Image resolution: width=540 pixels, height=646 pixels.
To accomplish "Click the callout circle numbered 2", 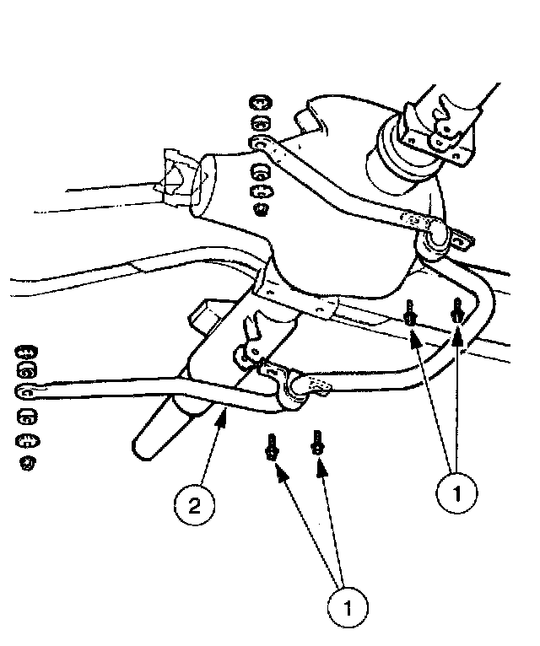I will pyautogui.click(x=194, y=506).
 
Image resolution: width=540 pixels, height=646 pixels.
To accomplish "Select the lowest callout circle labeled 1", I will pyautogui.click(x=349, y=606).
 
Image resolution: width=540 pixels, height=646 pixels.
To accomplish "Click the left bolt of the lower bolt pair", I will pyautogui.click(x=272, y=446).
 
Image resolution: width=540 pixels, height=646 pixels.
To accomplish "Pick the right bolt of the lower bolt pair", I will pyautogui.click(x=318, y=443).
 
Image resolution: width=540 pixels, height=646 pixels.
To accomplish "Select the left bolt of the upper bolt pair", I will pyautogui.click(x=410, y=314).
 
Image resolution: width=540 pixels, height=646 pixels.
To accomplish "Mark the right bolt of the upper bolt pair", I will pyautogui.click(x=457, y=310).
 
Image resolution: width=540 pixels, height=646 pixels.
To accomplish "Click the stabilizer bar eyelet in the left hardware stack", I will pyautogui.click(x=28, y=391).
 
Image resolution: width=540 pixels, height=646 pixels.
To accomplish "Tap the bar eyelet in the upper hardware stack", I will pyautogui.click(x=261, y=146).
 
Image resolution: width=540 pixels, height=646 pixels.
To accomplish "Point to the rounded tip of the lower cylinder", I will pyautogui.click(x=145, y=448).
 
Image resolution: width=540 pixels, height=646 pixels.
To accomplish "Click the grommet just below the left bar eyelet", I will pyautogui.click(x=28, y=416).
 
